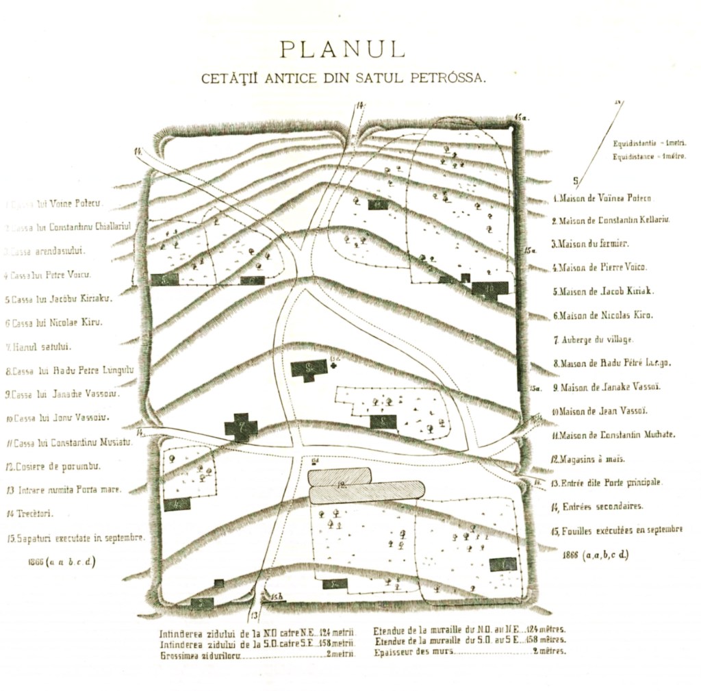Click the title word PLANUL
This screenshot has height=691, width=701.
342,49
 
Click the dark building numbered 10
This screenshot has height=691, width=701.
490,288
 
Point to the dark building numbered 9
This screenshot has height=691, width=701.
309,369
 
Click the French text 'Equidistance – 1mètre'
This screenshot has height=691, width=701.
649,157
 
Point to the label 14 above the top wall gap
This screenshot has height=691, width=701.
359,105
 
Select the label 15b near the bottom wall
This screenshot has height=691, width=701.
277,597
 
